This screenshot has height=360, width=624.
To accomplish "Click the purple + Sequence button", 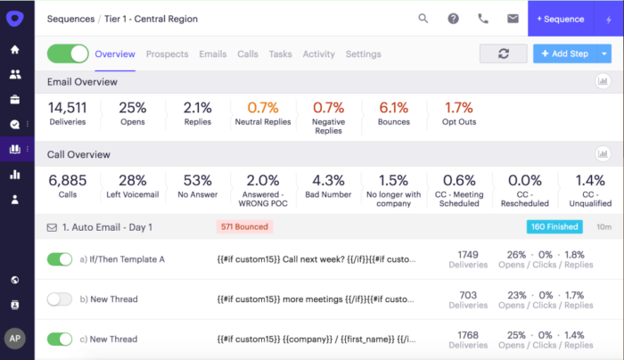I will point(560,18).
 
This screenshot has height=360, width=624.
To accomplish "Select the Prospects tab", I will point(167,54).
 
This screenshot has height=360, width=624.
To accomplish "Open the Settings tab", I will point(363,54).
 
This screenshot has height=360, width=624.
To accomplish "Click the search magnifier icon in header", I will point(423,18).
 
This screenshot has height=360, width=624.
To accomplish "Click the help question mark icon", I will point(453,18).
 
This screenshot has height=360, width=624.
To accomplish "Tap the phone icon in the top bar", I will point(483,18).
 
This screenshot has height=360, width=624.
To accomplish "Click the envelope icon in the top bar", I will point(513,18).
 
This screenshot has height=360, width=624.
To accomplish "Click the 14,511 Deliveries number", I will point(68,108).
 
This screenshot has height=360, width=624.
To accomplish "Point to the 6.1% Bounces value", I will point(394,108).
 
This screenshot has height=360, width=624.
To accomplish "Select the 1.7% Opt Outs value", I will point(458,108).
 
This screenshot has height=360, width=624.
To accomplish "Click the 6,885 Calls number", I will point(68,181).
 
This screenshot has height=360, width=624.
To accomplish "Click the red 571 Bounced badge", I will point(243,227).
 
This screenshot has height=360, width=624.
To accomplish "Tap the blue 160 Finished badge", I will point(554,227).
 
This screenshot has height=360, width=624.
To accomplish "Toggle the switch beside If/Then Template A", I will point(60,259).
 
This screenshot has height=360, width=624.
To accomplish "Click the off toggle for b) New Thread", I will point(60,299).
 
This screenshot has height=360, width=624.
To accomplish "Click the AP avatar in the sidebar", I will point(15,339).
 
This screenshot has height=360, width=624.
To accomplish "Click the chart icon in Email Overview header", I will point(603,82).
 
